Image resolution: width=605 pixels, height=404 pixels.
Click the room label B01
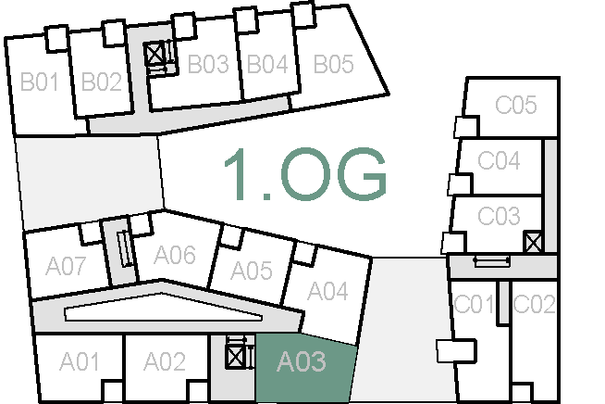point(40,82)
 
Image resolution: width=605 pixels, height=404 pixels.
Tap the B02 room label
point(102,82)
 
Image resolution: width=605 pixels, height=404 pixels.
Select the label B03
point(208,65)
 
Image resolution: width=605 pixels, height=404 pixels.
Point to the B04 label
point(267,65)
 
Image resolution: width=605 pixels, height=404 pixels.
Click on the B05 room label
point(333,65)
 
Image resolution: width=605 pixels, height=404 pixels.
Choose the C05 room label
point(515,106)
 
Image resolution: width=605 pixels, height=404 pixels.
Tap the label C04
point(499,161)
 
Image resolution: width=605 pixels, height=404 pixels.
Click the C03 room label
point(499,217)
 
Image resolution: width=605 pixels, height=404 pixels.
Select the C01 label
point(474,304)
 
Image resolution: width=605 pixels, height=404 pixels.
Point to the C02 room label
point(534,304)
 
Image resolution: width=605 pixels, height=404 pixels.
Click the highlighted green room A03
point(302,362)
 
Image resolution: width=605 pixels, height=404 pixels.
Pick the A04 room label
point(327,292)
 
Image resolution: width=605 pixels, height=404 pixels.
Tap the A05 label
point(252,271)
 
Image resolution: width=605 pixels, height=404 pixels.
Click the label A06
point(175,255)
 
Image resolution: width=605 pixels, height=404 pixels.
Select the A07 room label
point(66,268)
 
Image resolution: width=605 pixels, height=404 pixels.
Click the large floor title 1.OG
point(304,174)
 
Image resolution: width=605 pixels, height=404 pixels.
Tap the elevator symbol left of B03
point(155,55)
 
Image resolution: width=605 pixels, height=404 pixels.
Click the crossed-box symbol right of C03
point(532,243)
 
